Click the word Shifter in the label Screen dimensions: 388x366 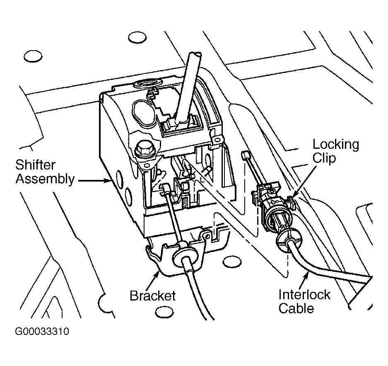click(35, 165)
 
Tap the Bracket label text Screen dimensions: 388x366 click(153, 296)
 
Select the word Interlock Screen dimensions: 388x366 click(304, 295)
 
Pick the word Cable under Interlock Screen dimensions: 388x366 click(296, 308)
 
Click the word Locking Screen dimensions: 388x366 click(336, 145)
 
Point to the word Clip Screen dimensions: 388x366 click(324, 158)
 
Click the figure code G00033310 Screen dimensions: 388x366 click(42, 331)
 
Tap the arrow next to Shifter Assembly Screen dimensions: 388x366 click(94, 181)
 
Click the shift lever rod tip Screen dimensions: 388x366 click(194, 54)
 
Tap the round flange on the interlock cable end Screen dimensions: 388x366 click(289, 239)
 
